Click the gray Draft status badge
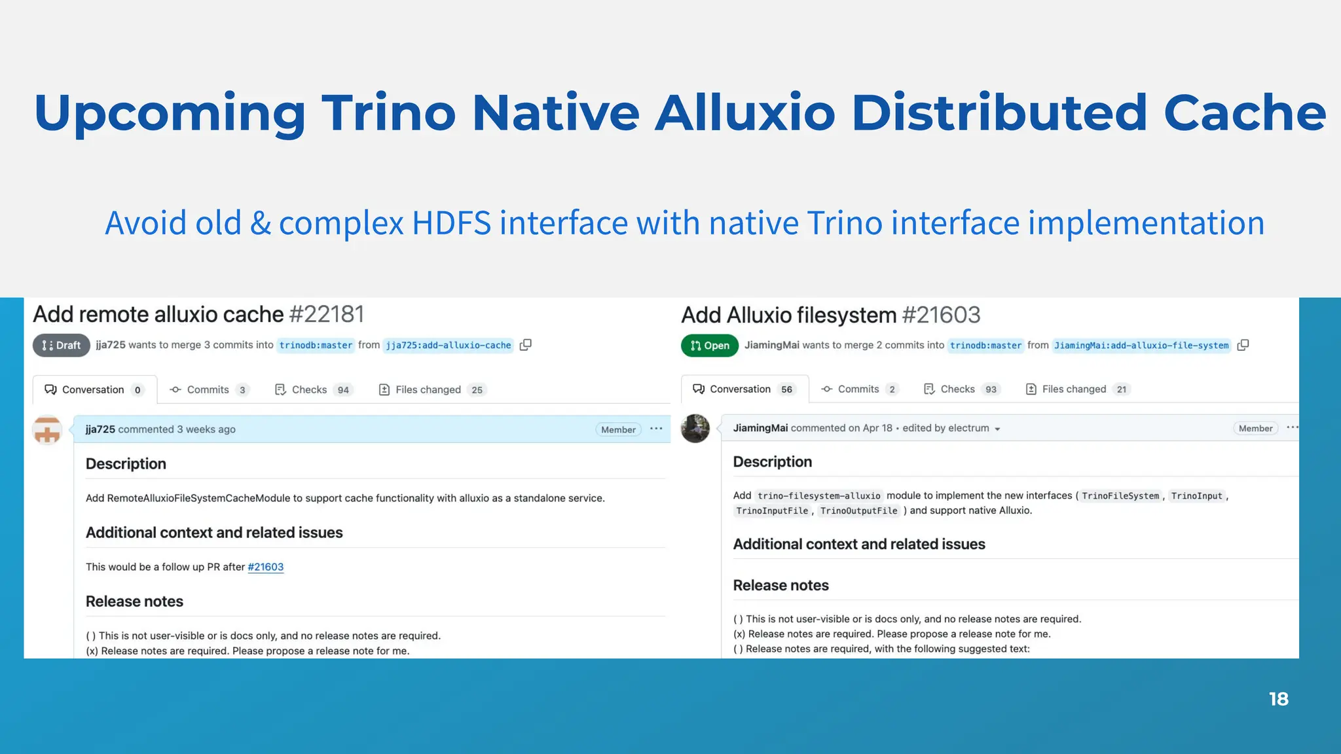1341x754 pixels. [61, 346]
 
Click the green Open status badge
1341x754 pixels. [710, 346]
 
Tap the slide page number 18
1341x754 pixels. [1278, 699]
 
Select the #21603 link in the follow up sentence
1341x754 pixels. [265, 567]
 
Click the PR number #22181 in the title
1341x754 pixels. [326, 314]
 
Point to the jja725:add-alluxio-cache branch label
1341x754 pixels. [448, 346]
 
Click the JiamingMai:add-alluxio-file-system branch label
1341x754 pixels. [1141, 346]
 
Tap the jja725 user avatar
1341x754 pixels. [47, 430]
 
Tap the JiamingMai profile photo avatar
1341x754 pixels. [695, 429]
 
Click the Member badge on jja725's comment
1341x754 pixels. [618, 430]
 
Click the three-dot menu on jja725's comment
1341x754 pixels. [656, 429]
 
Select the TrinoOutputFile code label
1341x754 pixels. [858, 511]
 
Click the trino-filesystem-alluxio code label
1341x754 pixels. [818, 496]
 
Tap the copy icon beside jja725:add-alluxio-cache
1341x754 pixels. [525, 345]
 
